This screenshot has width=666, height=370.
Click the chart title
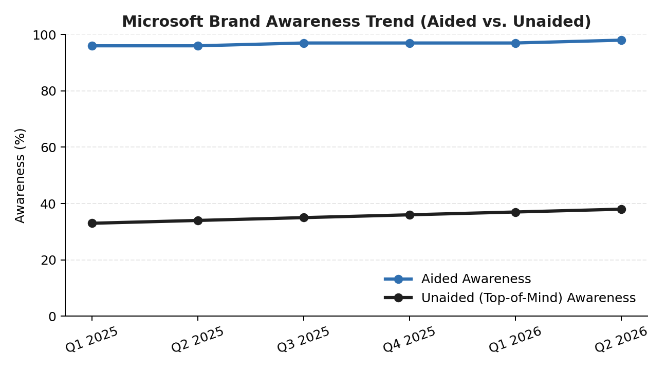point(356,22)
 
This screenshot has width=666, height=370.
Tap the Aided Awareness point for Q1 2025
point(92,46)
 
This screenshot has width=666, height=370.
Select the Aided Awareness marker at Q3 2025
point(304,43)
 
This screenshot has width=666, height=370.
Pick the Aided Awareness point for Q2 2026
point(621,40)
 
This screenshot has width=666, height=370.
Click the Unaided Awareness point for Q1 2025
point(92,224)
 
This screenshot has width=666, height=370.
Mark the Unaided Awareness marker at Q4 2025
point(410,215)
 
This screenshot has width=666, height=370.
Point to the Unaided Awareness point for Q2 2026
point(621,209)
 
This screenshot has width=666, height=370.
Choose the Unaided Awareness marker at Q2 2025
point(198,220)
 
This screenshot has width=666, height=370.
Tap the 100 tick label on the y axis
point(44,35)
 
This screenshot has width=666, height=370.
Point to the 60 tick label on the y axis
point(48,147)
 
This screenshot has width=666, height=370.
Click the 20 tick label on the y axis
point(48,261)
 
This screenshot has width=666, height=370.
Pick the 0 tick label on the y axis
point(52,317)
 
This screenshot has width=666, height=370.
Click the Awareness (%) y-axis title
point(20,176)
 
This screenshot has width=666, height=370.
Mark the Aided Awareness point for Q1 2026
point(515,43)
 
